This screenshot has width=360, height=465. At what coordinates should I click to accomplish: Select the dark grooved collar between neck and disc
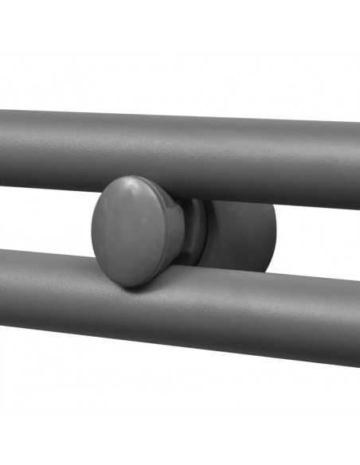click(x=202, y=231)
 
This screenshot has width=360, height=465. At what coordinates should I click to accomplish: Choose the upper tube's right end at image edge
click(x=355, y=163)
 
